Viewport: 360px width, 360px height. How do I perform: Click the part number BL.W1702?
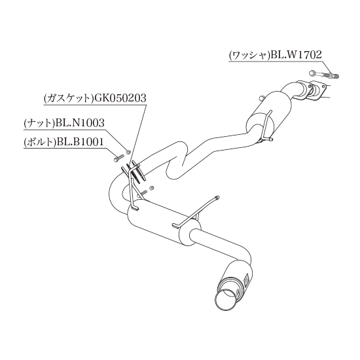tap(296, 55)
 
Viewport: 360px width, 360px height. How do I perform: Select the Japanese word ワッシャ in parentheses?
tap(249, 56)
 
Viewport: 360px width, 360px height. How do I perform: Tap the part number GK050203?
tap(120, 98)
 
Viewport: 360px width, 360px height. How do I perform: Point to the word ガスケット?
tap(68, 98)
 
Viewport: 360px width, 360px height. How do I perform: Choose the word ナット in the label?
tap(39, 123)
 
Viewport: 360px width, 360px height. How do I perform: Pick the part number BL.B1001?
tap(79, 142)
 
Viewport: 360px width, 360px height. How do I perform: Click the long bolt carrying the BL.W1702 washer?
tap(324, 74)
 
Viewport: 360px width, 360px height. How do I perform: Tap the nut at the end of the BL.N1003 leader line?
tap(128, 152)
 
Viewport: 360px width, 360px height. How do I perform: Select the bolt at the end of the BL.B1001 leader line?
tap(118, 158)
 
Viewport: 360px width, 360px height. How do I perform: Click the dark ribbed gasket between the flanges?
tap(133, 173)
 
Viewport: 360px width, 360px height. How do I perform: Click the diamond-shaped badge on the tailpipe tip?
tap(247, 279)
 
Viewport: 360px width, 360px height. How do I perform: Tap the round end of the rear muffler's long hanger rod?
tap(217, 197)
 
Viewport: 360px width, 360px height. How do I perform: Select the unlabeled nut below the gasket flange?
tap(151, 188)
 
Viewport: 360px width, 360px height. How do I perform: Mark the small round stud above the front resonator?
tap(261, 98)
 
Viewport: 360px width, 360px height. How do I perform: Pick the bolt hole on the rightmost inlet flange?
tap(325, 86)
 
